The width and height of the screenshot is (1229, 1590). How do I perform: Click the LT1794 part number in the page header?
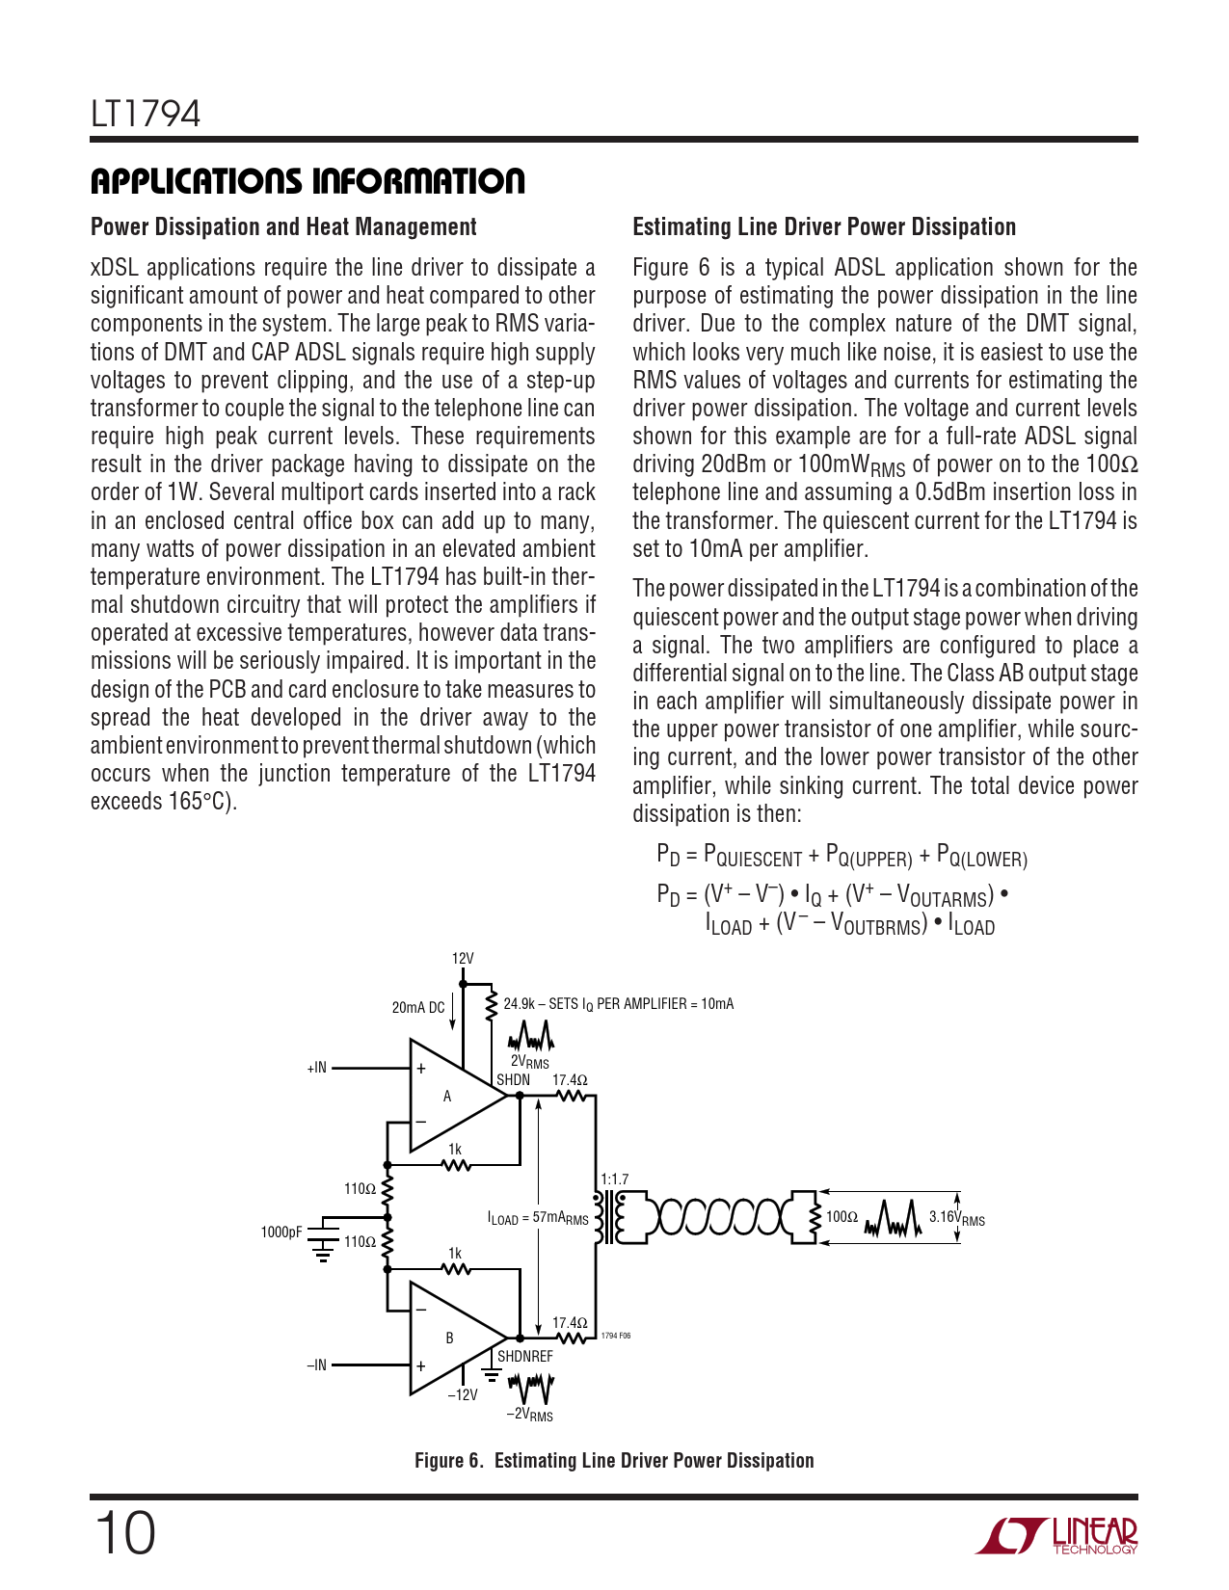(x=146, y=115)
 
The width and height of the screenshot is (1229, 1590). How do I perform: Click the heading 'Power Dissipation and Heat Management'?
(x=283, y=227)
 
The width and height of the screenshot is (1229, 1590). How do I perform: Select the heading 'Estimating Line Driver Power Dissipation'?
(x=824, y=227)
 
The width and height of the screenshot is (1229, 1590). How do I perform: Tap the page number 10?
(x=124, y=1533)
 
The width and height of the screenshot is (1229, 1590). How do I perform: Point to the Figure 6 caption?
(x=614, y=1461)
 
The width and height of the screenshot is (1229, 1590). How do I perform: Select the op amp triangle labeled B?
(x=451, y=1338)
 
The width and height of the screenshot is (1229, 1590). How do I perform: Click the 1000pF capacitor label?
(x=281, y=1232)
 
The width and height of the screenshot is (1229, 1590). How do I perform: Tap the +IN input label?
(x=317, y=1068)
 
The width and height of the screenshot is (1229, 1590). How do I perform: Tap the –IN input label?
(x=317, y=1365)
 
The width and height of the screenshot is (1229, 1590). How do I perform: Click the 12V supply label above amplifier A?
(x=463, y=959)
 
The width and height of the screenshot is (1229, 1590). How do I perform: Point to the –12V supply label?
(x=463, y=1395)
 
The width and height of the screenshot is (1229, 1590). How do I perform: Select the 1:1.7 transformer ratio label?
(x=614, y=1179)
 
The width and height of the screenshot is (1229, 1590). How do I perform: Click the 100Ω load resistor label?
(x=842, y=1217)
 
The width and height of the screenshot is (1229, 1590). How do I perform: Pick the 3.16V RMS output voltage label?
(x=956, y=1218)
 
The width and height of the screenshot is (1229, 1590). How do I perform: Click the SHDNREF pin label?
(x=525, y=1357)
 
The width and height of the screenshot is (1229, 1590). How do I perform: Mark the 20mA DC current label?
(x=418, y=1008)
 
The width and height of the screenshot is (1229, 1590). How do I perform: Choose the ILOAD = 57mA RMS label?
(x=538, y=1219)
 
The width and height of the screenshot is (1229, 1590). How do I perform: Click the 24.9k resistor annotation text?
(x=618, y=1004)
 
